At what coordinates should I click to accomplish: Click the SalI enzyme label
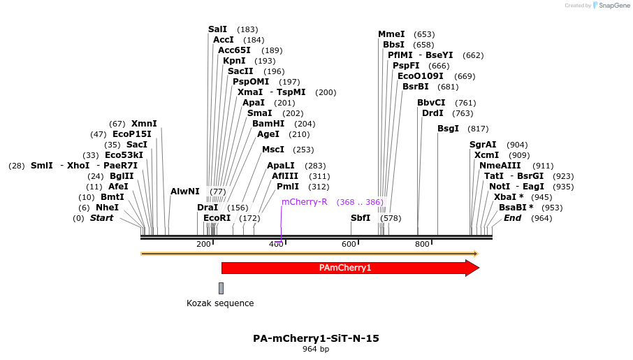tap(217, 29)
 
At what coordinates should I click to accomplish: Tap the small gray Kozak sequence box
tap(221, 288)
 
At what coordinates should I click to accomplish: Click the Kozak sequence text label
tap(220, 303)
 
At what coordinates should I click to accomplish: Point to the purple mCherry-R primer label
tap(305, 202)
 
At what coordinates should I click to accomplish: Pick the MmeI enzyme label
tap(391, 34)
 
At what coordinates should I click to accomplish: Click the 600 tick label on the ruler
tap(349, 244)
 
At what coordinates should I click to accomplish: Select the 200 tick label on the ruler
tap(203, 244)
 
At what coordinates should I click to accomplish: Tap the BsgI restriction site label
tap(448, 129)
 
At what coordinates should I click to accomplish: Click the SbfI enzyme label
tap(361, 218)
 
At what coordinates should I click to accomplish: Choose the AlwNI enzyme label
tap(185, 192)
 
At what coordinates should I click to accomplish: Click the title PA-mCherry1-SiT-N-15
tap(316, 338)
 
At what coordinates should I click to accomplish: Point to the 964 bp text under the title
tap(316, 349)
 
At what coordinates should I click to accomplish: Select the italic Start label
tap(101, 218)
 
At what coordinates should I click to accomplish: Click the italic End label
tap(512, 218)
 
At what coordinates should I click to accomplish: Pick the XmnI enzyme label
tap(144, 124)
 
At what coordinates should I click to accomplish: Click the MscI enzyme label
tap(273, 150)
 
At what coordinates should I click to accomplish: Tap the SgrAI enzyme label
tap(483, 145)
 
